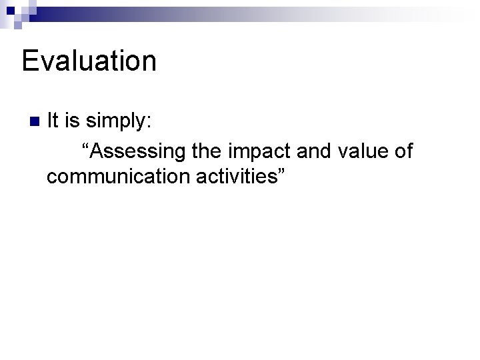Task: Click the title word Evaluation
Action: [x=89, y=61]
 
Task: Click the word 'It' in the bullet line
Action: [x=54, y=121]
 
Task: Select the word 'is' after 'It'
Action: [x=72, y=121]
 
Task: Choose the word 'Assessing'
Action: [x=137, y=152]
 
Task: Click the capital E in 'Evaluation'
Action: [x=31, y=61]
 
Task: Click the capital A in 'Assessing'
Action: [x=96, y=151]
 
